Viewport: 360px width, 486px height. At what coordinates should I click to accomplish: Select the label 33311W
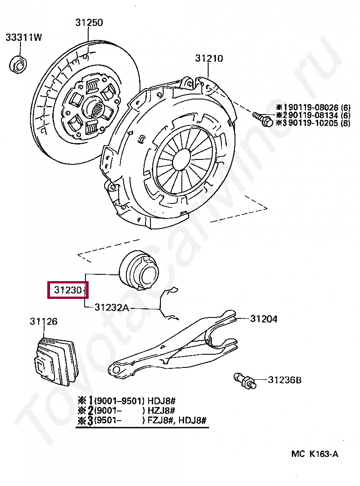click(x=24, y=38)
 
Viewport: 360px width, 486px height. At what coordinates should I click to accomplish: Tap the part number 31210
click(x=209, y=59)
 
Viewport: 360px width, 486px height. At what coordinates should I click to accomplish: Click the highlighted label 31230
click(x=67, y=290)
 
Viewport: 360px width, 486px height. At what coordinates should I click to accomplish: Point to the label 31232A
click(x=112, y=307)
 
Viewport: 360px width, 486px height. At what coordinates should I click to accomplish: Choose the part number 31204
click(x=264, y=319)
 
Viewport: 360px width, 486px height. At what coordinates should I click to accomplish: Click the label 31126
click(x=44, y=322)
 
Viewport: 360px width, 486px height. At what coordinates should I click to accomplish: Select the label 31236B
click(x=285, y=380)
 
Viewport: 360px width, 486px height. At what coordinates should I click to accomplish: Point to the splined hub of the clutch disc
click(x=96, y=109)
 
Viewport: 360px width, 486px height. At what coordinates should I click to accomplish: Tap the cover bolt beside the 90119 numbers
click(x=262, y=119)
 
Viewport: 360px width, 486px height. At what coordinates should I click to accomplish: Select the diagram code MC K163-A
click(x=315, y=454)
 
